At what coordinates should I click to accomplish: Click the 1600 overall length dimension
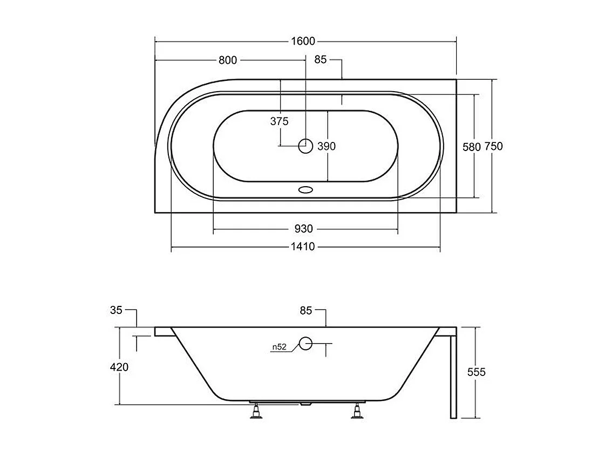point(303,41)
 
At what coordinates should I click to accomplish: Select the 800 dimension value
point(228,60)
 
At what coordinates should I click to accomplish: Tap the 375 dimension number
point(280,121)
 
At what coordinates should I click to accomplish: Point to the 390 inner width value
point(327,146)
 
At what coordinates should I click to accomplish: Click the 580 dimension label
point(472,147)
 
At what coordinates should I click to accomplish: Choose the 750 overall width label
point(493,146)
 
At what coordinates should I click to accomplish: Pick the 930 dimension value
point(303,229)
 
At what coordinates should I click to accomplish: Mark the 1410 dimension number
point(303,247)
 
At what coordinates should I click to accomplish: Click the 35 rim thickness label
point(116,310)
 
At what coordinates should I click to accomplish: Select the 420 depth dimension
point(119,367)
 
